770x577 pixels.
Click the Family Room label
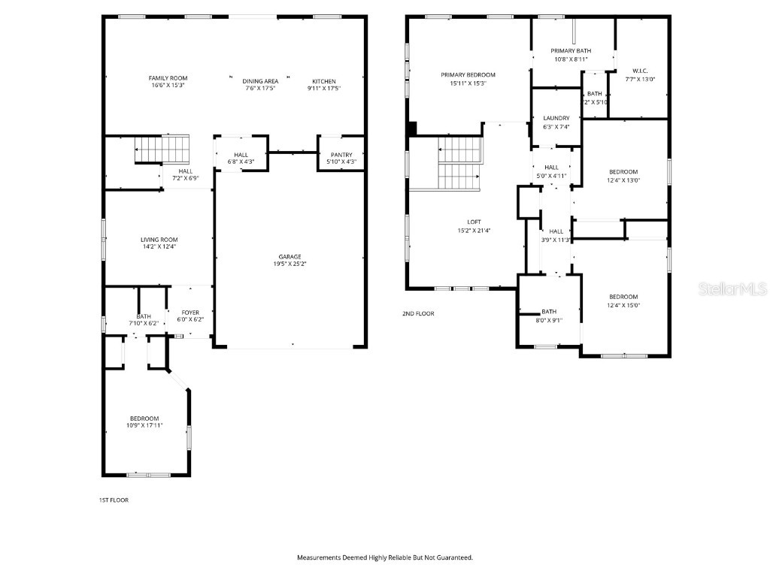pos(168,78)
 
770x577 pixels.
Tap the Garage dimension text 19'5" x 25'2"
pos(290,264)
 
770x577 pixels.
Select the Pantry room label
pos(341,155)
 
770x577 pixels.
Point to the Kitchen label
pos(324,81)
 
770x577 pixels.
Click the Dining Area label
pos(260,81)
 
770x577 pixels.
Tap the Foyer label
pos(190,313)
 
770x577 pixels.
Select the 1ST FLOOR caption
pos(114,500)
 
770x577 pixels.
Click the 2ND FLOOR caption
pos(418,314)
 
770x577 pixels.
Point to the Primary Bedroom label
pos(468,75)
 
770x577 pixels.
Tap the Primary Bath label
pos(571,50)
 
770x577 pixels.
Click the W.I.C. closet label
pos(640,71)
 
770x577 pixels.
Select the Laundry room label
pos(556,118)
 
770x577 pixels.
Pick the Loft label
pos(474,222)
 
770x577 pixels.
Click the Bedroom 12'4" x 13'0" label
pos(623,172)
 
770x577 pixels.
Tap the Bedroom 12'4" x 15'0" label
pos(623,297)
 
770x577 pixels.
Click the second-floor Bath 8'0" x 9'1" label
pos(549,312)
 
